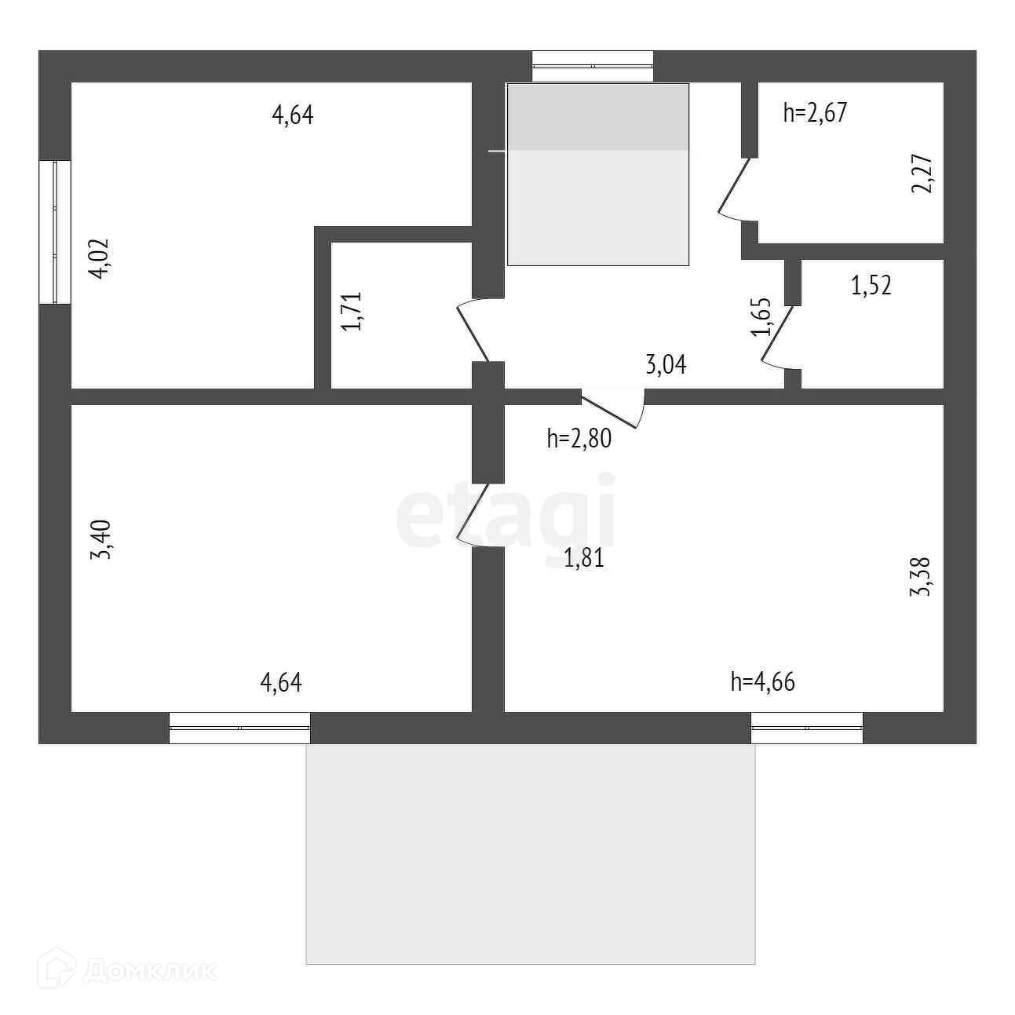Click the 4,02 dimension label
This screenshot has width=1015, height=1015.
(100, 258)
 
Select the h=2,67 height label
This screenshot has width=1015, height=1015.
(815, 113)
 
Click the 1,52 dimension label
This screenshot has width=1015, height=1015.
(871, 285)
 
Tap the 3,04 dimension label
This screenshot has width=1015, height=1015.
(666, 364)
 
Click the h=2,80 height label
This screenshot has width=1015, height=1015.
(579, 438)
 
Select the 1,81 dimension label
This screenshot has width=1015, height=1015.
(584, 559)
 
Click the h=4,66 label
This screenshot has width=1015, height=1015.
(762, 682)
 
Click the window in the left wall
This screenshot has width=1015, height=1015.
(55, 232)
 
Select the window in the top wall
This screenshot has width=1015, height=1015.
(593, 67)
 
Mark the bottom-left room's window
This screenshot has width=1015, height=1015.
(239, 728)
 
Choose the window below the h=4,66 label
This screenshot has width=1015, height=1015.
(807, 728)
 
